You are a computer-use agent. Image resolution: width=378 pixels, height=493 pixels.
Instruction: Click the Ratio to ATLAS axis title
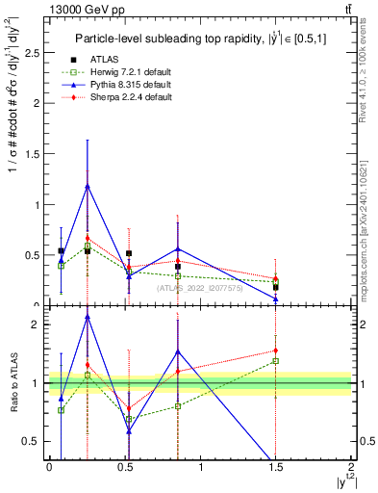pos(13,383)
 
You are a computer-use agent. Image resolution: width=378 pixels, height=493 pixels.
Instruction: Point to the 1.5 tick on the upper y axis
pos(36,154)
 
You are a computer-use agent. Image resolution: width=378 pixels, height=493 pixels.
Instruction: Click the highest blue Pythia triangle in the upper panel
pos(88,186)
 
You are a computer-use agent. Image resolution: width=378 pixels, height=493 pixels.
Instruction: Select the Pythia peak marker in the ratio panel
pos(88,317)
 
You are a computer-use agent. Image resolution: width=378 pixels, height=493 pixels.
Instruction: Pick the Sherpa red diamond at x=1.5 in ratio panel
pos(275,350)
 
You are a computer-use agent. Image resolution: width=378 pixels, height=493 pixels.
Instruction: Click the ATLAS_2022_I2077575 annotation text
pos(201,287)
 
